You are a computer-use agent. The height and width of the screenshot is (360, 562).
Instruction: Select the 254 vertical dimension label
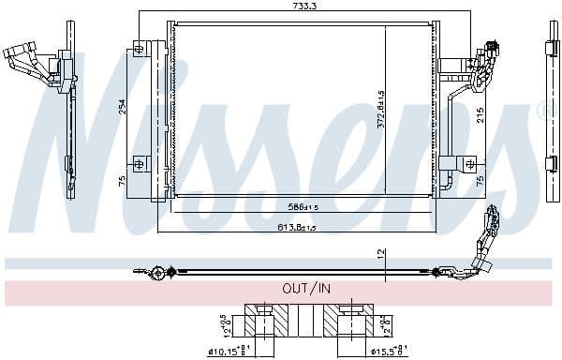[x=121, y=106]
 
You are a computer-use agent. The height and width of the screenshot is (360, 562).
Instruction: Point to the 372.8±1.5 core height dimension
[x=382, y=109]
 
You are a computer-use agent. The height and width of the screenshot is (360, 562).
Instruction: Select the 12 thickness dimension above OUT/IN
[x=382, y=253]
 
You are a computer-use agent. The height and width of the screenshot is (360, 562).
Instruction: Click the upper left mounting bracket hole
[x=140, y=47]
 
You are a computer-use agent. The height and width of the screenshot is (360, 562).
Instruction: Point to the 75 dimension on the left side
[x=121, y=181]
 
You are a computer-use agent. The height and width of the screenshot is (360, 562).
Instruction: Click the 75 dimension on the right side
[x=480, y=179]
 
